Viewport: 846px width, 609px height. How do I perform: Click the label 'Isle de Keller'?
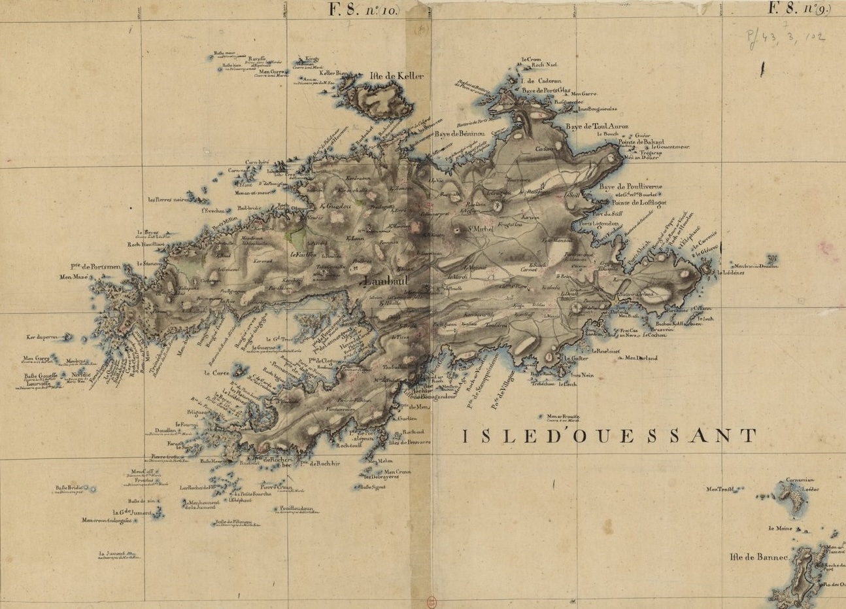[x=397, y=77]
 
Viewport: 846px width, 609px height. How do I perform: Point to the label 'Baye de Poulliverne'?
[x=631, y=186]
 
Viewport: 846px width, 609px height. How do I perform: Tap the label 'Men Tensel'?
[x=725, y=489]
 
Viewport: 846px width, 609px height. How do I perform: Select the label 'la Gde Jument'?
[x=128, y=512]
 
